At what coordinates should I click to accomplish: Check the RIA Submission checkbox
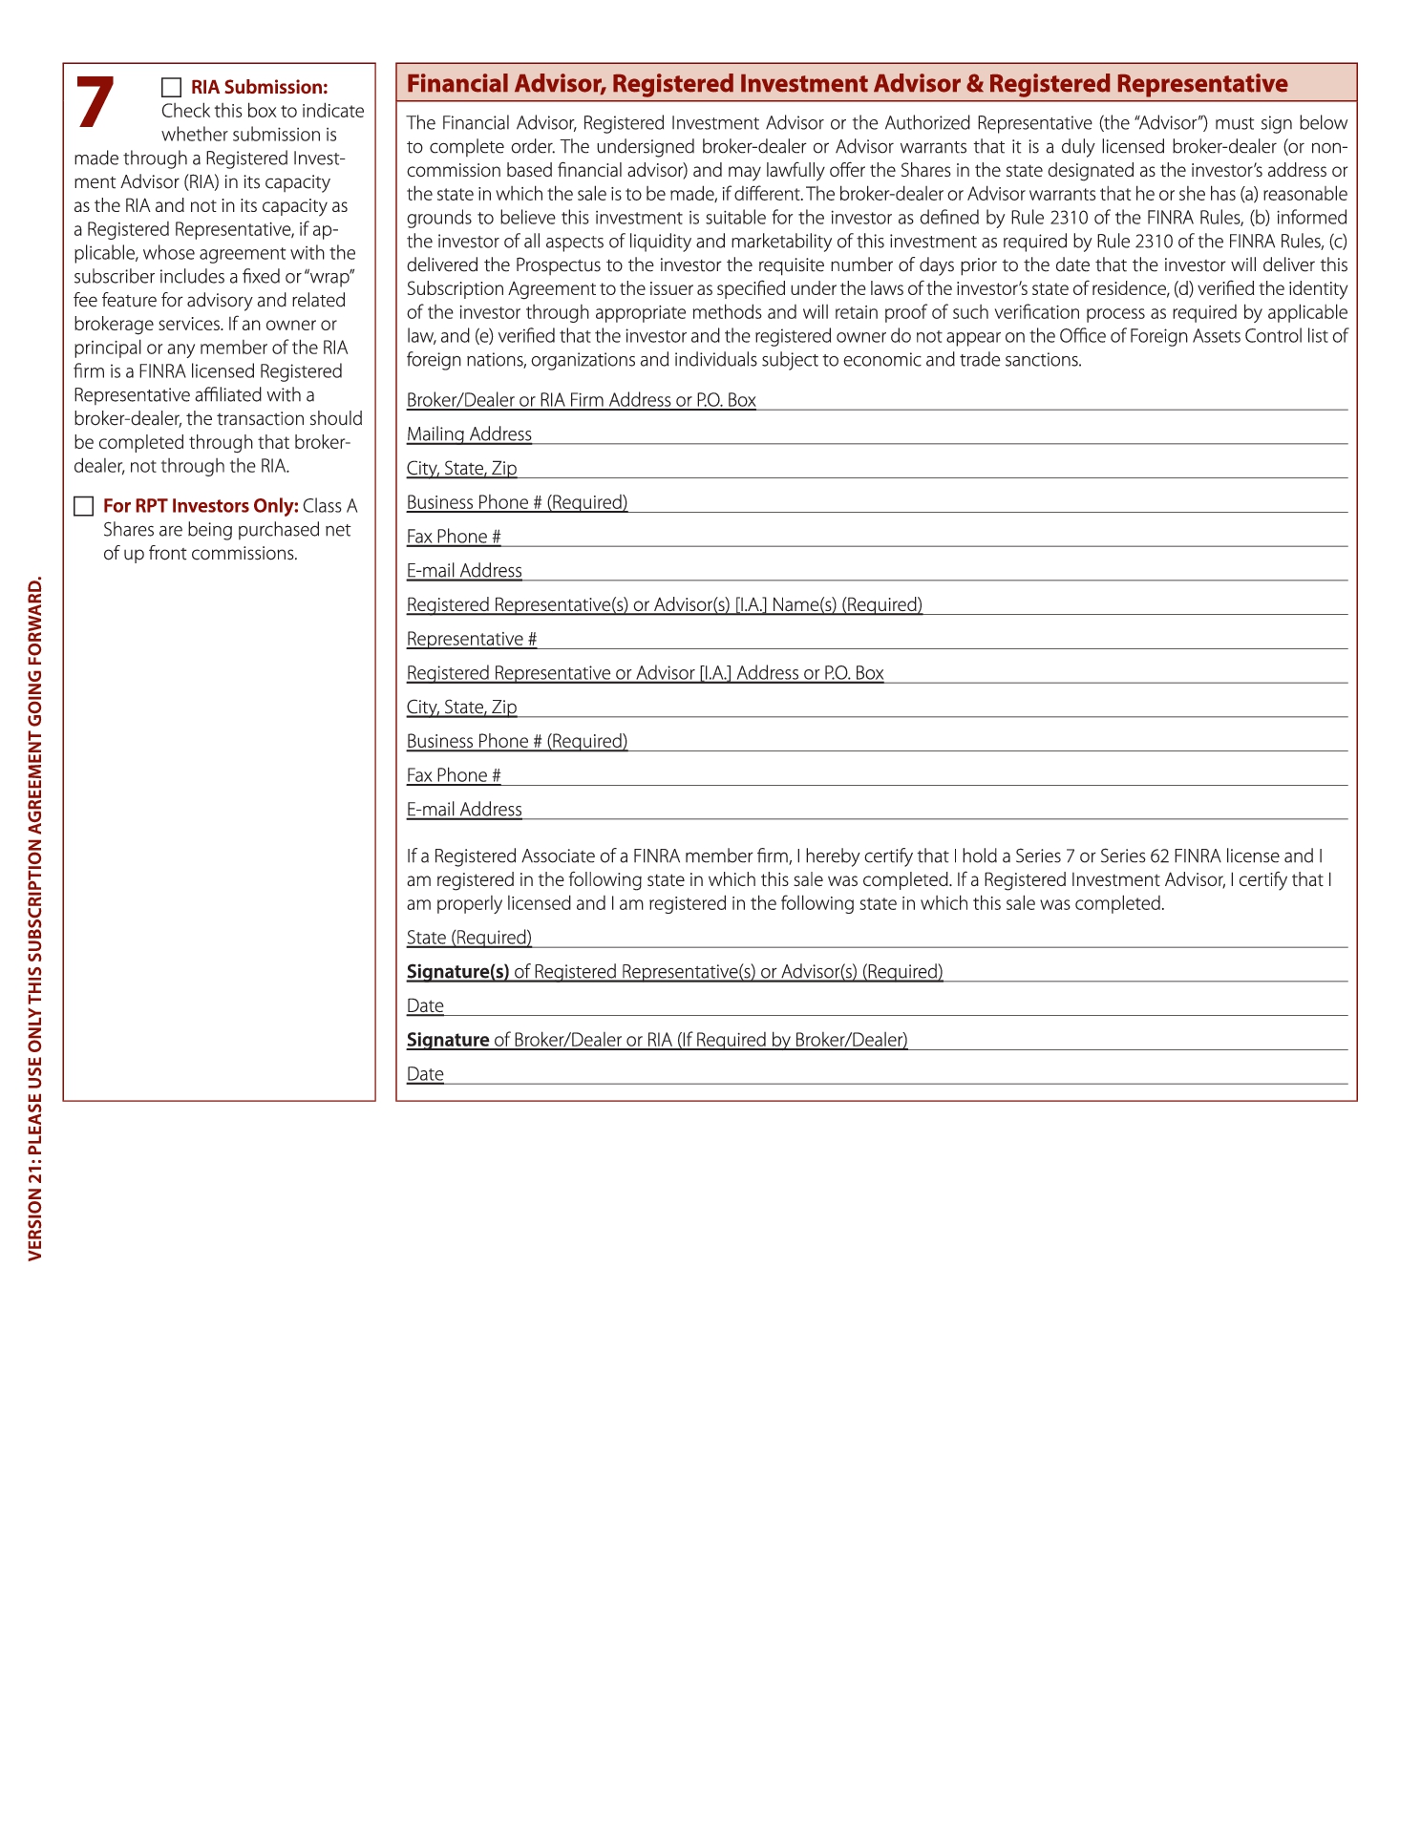(x=171, y=88)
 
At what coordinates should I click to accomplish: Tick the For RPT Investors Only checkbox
(x=84, y=506)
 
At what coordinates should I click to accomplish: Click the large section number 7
(x=95, y=103)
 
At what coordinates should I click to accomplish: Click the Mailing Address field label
(x=469, y=434)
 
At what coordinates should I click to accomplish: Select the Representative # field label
(x=472, y=639)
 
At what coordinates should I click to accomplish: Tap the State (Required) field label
(x=469, y=938)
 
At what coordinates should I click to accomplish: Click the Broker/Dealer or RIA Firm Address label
(x=581, y=400)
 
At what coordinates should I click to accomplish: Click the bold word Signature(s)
(x=457, y=972)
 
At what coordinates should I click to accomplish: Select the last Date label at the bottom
(x=425, y=1074)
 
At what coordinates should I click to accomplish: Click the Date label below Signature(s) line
(x=425, y=1006)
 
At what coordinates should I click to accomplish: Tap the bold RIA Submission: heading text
(x=259, y=88)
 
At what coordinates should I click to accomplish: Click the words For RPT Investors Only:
(x=201, y=506)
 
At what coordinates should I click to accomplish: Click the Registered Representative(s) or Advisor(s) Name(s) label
(x=664, y=604)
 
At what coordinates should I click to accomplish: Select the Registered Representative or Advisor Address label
(x=645, y=673)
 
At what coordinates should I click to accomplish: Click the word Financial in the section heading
(x=456, y=84)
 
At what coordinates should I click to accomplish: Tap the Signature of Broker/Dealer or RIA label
(x=656, y=1040)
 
